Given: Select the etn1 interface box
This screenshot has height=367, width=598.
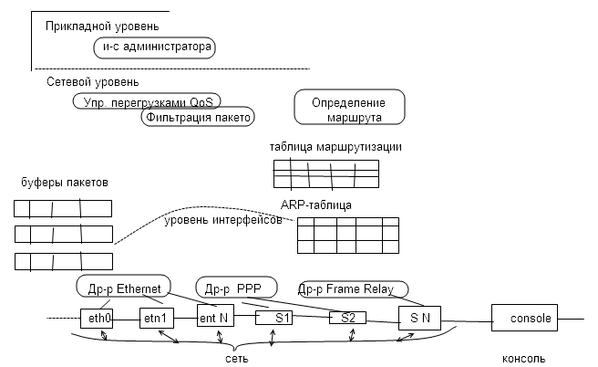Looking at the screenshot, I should [156, 319].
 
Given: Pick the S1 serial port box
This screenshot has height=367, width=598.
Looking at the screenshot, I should [281, 318].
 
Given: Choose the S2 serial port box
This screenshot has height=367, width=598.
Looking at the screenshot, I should [348, 318].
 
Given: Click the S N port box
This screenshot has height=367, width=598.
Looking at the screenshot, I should [418, 318].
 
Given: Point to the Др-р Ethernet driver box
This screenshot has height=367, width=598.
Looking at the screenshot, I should [123, 288].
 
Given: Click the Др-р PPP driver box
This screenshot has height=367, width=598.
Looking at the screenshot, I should [232, 288].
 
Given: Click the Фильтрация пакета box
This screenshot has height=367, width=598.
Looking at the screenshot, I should [197, 117].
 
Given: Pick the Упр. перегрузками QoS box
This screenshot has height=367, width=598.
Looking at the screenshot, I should [147, 100].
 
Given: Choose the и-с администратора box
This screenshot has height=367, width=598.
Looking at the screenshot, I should [155, 47].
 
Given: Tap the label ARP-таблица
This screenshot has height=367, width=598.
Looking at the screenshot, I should [316, 205].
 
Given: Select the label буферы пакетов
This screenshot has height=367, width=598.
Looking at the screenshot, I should [58, 183].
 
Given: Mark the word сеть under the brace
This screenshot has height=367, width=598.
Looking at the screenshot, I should [236, 359].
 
